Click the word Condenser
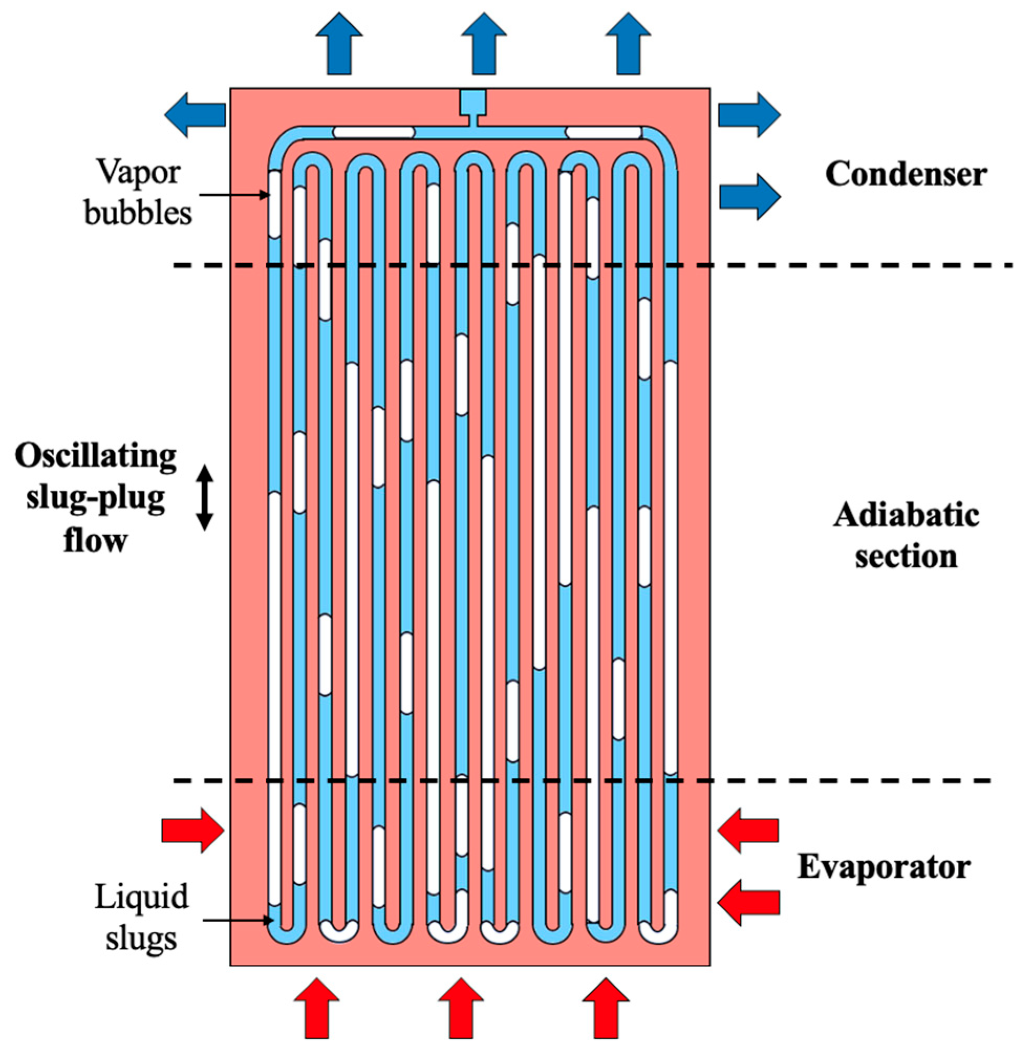(906, 174)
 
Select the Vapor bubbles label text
(138, 193)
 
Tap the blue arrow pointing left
(194, 114)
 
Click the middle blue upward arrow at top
(483, 43)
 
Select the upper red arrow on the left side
(192, 830)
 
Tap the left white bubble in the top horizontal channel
(373, 132)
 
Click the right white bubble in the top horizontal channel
(603, 132)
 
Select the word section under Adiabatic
(906, 556)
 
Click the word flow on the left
(95, 540)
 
